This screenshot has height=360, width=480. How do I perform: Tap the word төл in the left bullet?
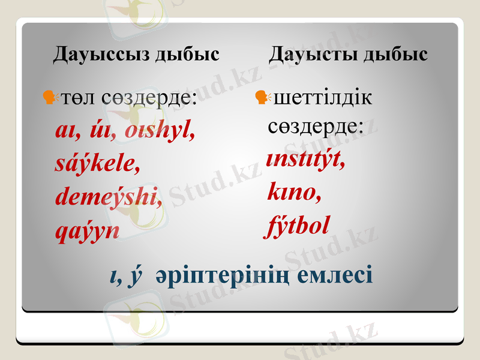(77, 98)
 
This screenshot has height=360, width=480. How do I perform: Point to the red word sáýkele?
(97, 163)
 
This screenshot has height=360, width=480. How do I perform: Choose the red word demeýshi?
(109, 196)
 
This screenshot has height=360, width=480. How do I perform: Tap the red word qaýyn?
(86, 230)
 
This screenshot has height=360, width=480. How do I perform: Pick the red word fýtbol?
(298, 226)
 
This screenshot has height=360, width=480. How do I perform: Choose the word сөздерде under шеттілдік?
(315, 126)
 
